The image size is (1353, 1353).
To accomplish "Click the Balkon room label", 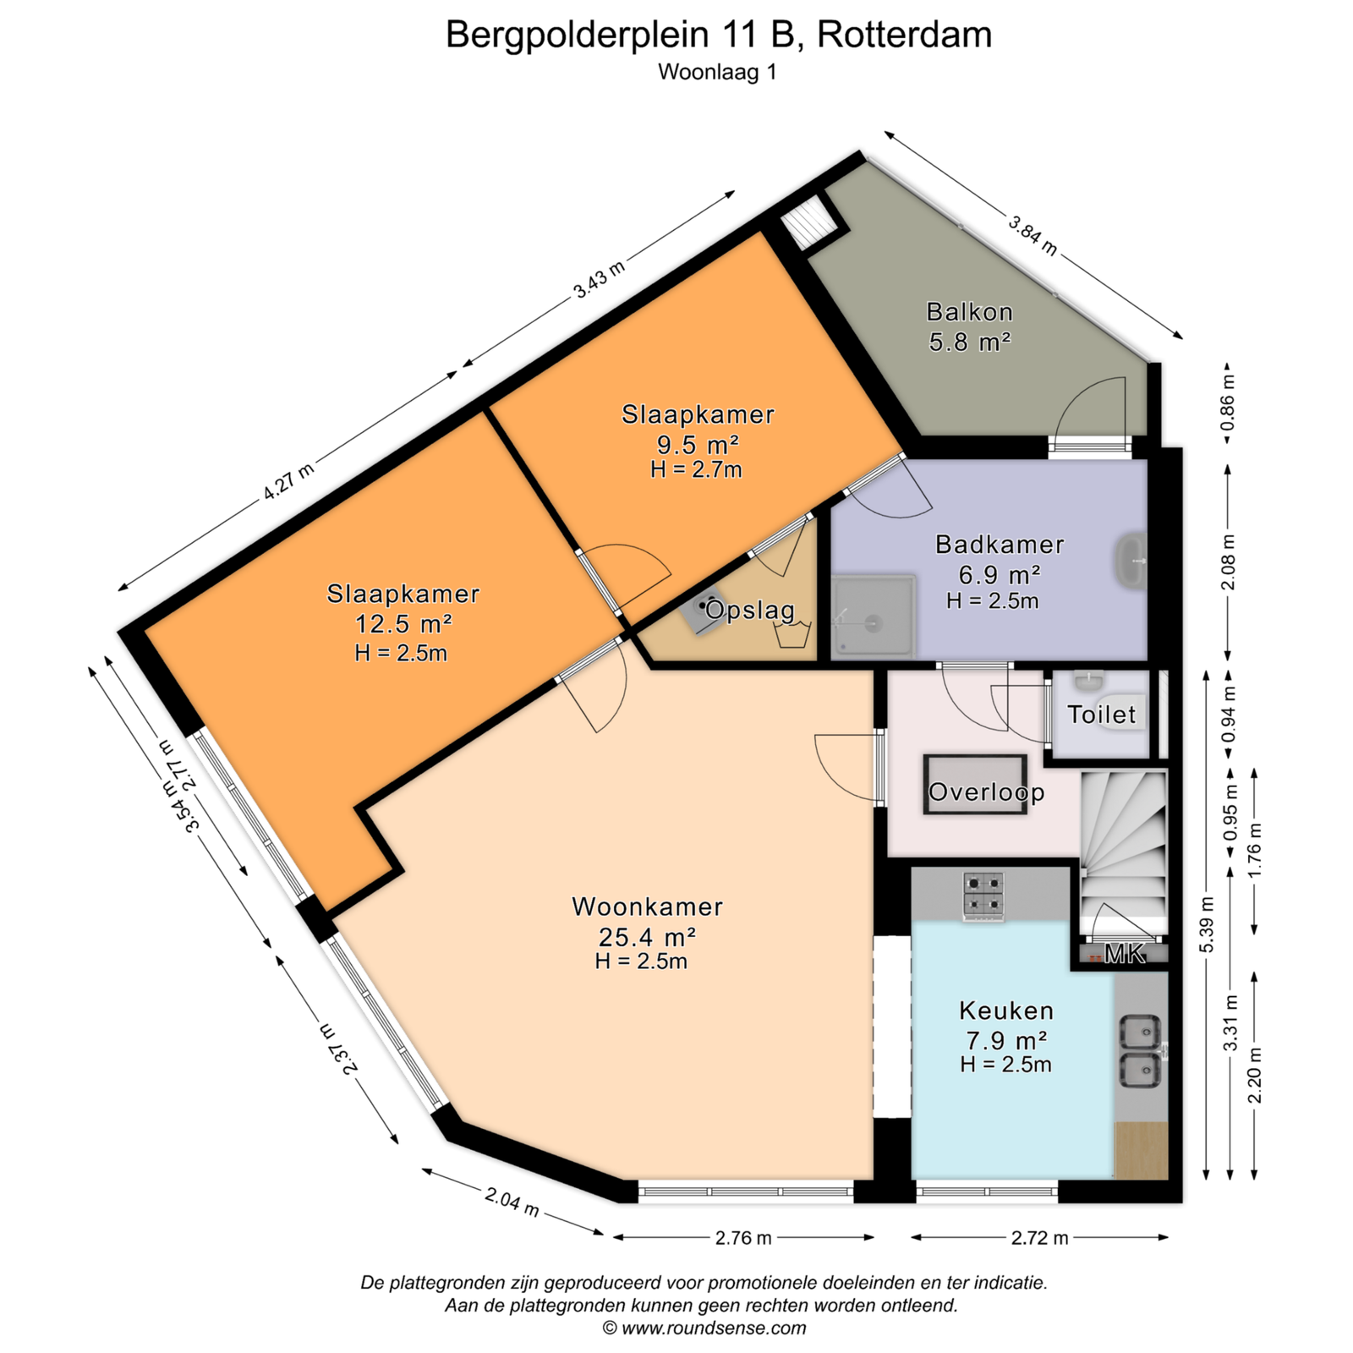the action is [970, 312].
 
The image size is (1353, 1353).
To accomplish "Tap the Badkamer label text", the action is [1000, 545].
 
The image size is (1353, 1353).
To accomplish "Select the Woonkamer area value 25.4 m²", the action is [647, 937].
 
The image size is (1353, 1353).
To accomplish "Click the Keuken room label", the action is [1006, 1011].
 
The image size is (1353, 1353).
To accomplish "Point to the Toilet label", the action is [1102, 715].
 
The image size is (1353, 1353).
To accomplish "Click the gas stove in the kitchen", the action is [983, 896].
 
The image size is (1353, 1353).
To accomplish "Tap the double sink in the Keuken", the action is [1140, 1051].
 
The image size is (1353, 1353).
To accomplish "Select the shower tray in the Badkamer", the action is [873, 617].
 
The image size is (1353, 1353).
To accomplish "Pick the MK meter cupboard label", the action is [1125, 954].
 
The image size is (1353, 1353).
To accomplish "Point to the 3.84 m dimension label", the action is [1033, 234].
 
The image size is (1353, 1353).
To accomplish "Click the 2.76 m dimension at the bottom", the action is [743, 1238].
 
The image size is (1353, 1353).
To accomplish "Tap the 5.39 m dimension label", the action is [1207, 924].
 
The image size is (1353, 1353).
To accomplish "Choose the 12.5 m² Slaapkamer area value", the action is [403, 624].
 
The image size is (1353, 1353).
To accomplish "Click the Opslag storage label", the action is [750, 610].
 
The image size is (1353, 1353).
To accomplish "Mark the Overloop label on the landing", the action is [987, 792].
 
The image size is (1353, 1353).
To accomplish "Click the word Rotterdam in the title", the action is [905, 36].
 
